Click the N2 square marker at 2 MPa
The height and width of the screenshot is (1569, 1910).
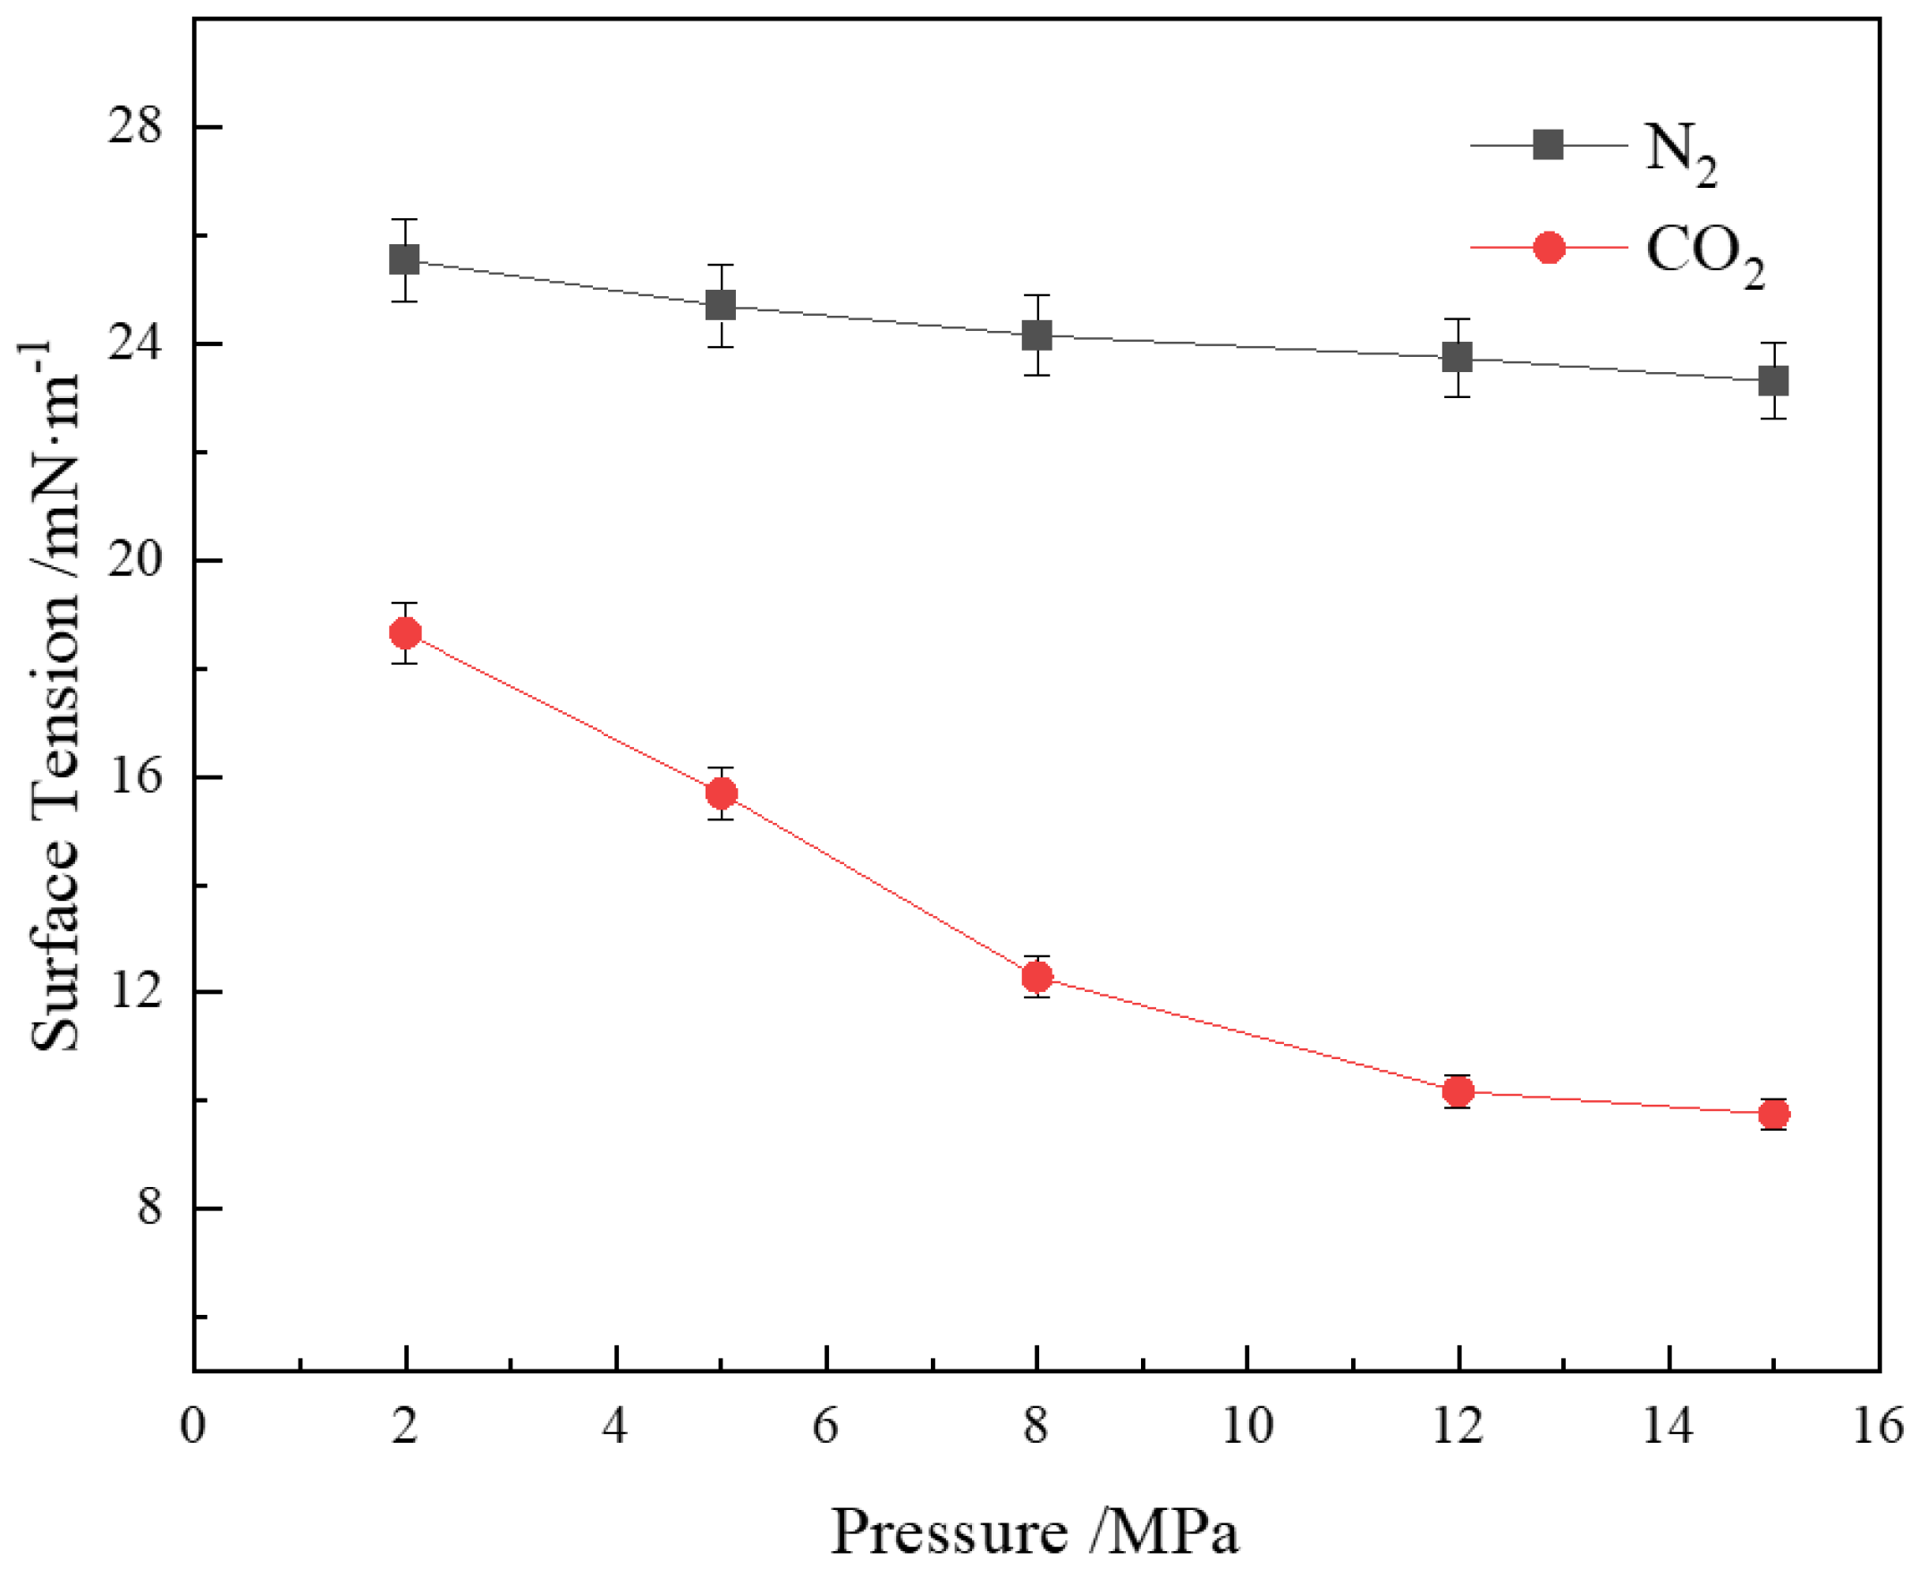point(404,260)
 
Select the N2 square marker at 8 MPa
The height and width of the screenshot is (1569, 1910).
point(1036,335)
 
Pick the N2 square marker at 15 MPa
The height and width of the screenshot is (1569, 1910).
point(1773,380)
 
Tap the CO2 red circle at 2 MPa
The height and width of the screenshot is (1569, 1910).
point(405,632)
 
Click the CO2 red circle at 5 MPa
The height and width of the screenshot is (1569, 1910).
point(721,793)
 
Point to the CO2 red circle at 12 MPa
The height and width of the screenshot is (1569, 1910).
point(1458,1091)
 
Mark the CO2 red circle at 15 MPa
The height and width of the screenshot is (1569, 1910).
point(1773,1115)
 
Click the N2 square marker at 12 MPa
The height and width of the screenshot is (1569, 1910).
point(1458,357)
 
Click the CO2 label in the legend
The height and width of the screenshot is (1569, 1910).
point(1703,253)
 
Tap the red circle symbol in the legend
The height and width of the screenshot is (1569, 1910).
point(1549,247)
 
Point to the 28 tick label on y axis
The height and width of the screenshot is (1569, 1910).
point(136,127)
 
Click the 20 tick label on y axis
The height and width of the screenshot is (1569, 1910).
point(136,559)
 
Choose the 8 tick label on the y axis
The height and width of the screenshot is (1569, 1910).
point(150,1208)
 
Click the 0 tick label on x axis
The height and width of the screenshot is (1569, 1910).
point(192,1427)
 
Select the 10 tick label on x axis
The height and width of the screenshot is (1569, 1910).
point(1247,1427)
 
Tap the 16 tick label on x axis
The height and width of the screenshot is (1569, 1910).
point(1878,1427)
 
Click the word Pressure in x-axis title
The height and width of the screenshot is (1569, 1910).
point(949,1531)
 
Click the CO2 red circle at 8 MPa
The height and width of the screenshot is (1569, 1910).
point(1036,976)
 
